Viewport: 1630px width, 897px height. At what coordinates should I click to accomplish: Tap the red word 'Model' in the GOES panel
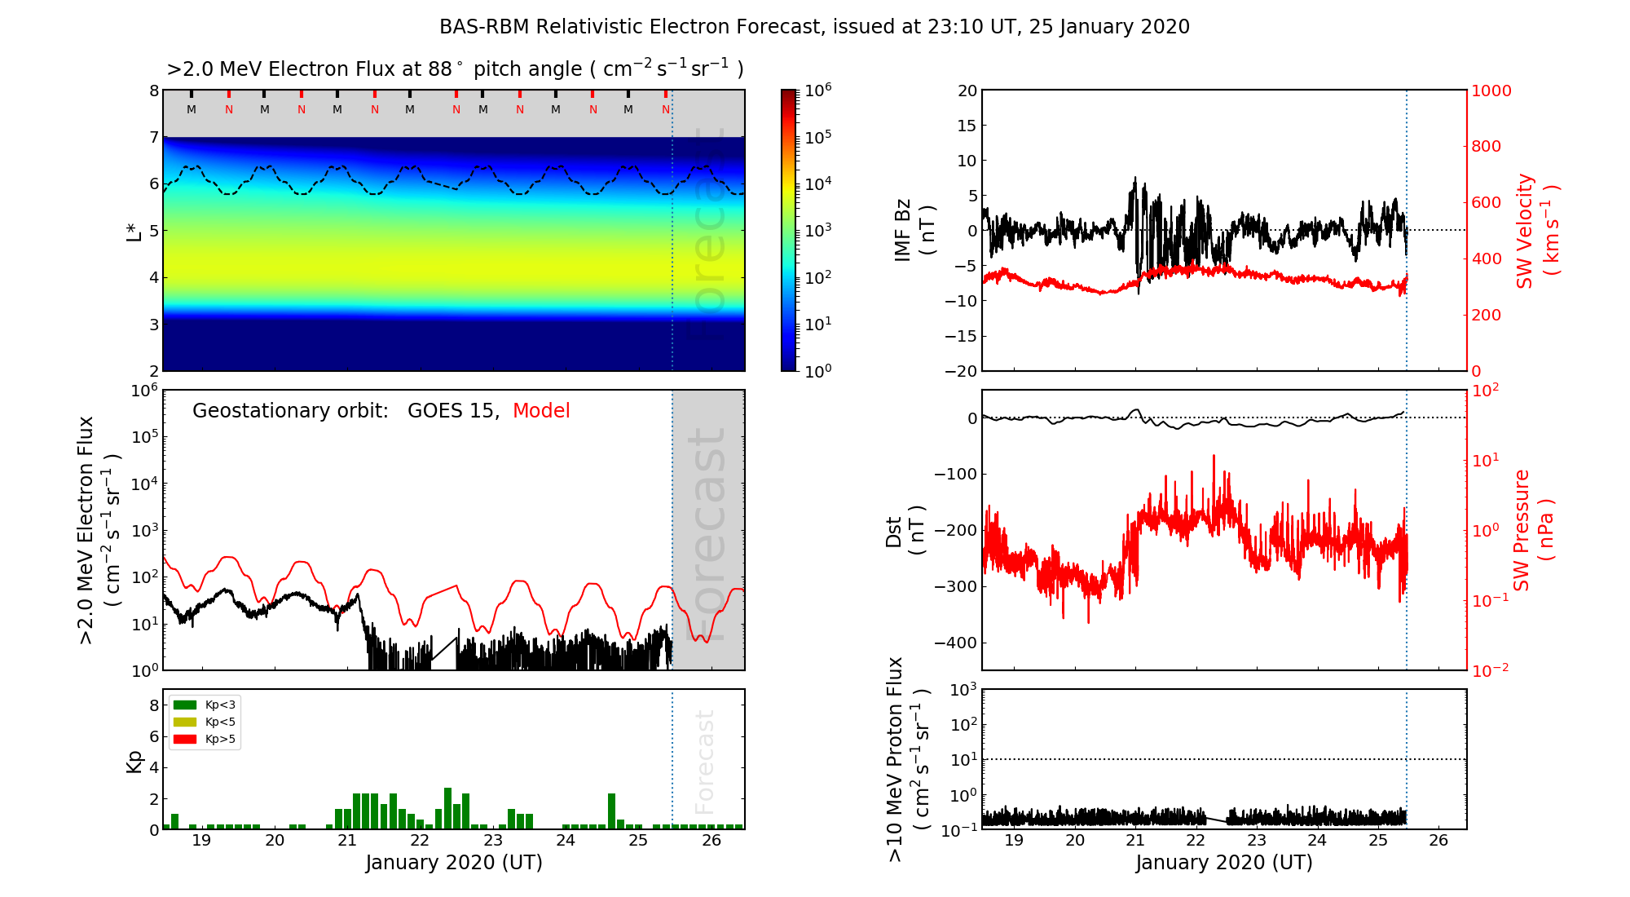[541, 411]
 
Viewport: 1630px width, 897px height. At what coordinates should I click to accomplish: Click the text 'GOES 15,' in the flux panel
[453, 411]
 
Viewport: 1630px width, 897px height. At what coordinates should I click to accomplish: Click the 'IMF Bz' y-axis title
[903, 230]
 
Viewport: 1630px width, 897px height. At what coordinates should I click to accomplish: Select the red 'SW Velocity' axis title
[1525, 230]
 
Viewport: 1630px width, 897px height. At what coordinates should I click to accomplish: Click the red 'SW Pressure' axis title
[1522, 530]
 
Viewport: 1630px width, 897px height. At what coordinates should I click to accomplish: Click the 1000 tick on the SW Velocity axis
[1491, 91]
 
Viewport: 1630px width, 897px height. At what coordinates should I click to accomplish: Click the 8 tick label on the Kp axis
[154, 705]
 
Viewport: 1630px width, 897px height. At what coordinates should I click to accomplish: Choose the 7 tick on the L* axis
[154, 137]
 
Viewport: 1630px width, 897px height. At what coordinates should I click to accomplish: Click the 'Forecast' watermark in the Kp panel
[705, 762]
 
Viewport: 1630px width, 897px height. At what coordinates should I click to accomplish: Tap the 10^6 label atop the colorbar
[818, 91]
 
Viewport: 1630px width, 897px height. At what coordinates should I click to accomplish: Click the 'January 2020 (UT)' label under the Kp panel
[454, 863]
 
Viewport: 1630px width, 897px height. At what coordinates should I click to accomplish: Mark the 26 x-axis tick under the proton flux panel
[1438, 841]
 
